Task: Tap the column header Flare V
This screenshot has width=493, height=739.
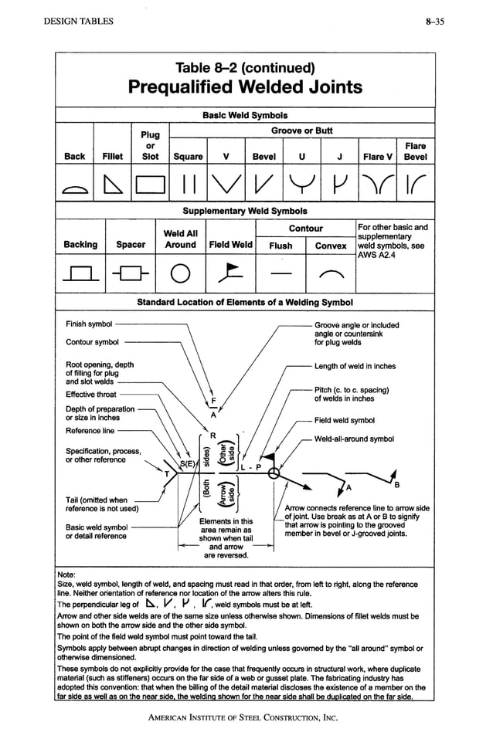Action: tap(378, 157)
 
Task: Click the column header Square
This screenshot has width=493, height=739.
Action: tap(188, 157)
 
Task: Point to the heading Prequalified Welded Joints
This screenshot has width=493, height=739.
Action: tap(245, 86)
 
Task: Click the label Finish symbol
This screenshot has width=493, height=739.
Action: tap(89, 324)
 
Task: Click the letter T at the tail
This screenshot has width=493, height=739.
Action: tap(165, 472)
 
